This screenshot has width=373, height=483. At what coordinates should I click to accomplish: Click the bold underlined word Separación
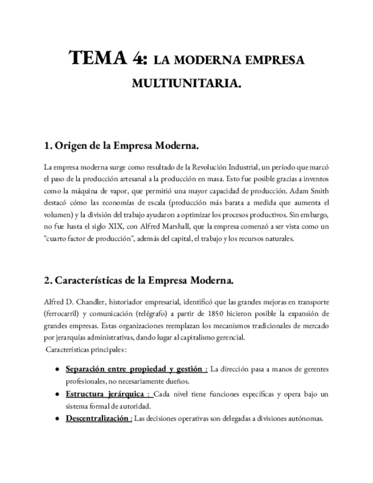[88, 370]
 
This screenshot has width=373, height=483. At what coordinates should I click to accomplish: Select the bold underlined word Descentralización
[97, 418]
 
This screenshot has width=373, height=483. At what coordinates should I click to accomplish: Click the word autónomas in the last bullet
[306, 418]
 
